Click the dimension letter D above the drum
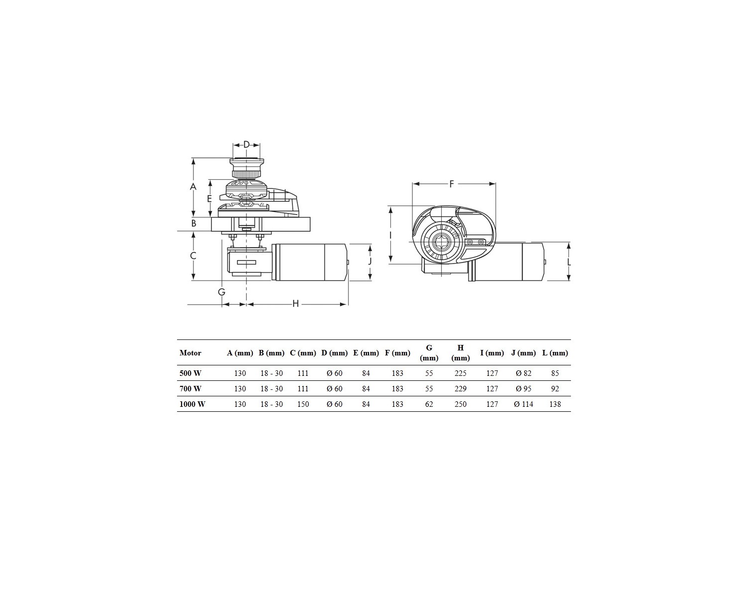click(246, 144)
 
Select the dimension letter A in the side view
click(193, 187)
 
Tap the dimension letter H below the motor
click(295, 304)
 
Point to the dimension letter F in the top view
click(451, 184)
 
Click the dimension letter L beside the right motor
click(569, 262)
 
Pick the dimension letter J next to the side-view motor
click(370, 262)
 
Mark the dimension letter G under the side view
click(221, 292)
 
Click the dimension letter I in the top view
click(390, 235)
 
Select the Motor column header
click(190, 353)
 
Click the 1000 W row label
click(192, 404)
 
